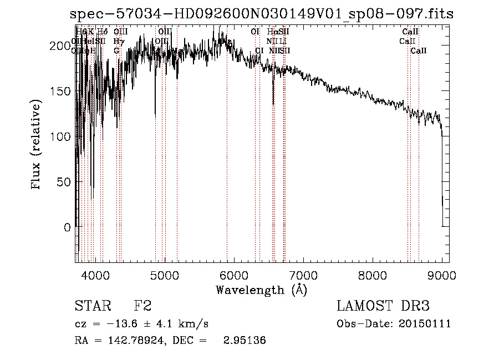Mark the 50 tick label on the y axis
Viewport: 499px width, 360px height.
coord(64,182)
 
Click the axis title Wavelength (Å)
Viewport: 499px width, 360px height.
coord(261,290)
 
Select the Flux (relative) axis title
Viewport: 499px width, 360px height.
coord(37,146)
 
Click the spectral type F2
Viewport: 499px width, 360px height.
coord(142,306)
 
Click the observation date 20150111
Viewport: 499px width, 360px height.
coord(426,324)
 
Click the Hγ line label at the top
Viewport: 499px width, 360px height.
coord(118,41)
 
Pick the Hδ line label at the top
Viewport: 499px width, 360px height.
coord(103,32)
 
